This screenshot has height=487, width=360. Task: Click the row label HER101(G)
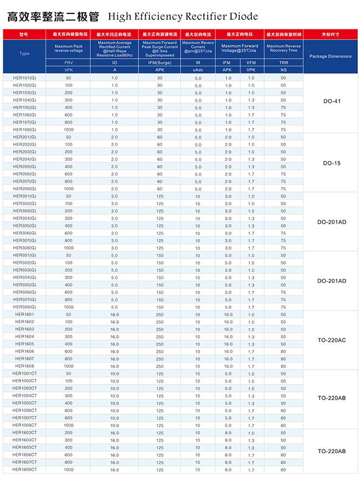click(x=24, y=78)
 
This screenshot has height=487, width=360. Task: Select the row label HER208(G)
click(x=24, y=189)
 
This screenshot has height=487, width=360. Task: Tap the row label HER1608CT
click(x=24, y=470)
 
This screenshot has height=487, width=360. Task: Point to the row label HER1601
click(x=24, y=314)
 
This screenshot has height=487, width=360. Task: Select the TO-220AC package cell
click(x=331, y=340)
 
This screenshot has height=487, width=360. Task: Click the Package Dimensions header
click(x=330, y=56)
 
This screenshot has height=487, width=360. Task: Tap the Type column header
click(x=24, y=54)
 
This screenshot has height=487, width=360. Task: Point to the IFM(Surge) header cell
click(x=160, y=63)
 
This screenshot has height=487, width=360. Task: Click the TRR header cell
click(x=284, y=63)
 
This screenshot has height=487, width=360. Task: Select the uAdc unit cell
click(x=198, y=70)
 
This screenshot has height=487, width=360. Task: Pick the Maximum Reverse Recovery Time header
click(x=284, y=48)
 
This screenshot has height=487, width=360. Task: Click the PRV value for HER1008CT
click(x=69, y=426)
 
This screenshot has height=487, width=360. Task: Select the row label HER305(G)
click(x=24, y=226)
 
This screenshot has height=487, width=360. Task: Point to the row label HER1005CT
click(x=24, y=403)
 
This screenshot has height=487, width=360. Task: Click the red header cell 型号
click(x=23, y=34)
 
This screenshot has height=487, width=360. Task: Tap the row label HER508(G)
click(x=24, y=307)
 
